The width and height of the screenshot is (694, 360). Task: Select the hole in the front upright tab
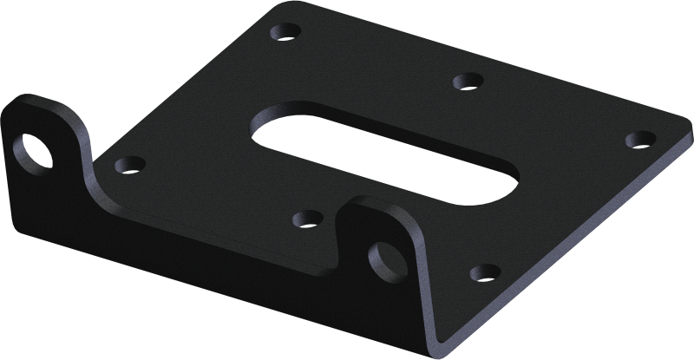click(x=382, y=256)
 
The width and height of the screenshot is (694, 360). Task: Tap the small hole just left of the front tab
click(x=305, y=217)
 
